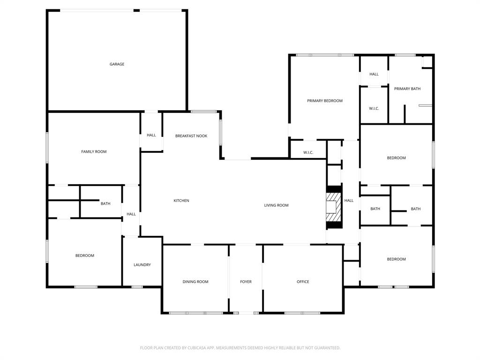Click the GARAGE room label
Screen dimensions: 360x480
pyautogui.click(x=117, y=64)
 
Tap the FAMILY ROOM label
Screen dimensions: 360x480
pyautogui.click(x=94, y=152)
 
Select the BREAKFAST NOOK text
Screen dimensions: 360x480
pyautogui.click(x=191, y=136)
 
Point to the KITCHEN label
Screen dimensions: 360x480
pyautogui.click(x=181, y=201)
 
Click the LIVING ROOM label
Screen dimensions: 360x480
pyautogui.click(x=276, y=205)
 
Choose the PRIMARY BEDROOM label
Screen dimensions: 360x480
pyautogui.click(x=324, y=101)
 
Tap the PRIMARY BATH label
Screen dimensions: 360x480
pyautogui.click(x=407, y=89)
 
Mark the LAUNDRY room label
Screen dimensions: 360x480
pyautogui.click(x=142, y=265)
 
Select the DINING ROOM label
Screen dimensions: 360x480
pyautogui.click(x=195, y=282)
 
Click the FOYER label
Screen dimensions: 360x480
pyautogui.click(x=246, y=282)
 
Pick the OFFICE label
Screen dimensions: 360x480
pyautogui.click(x=303, y=282)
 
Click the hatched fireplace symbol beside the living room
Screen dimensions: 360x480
pyautogui.click(x=334, y=207)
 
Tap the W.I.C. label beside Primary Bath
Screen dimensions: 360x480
pyautogui.click(x=374, y=109)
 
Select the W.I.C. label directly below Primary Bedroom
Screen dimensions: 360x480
pyautogui.click(x=308, y=152)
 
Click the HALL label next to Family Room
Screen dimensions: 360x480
pyautogui.click(x=151, y=135)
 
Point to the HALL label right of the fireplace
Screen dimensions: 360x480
pyautogui.click(x=349, y=201)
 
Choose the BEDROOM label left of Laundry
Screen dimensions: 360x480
pyautogui.click(x=85, y=255)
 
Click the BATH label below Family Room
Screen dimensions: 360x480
pyautogui.click(x=105, y=203)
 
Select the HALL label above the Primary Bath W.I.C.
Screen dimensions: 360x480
pyautogui.click(x=374, y=74)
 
